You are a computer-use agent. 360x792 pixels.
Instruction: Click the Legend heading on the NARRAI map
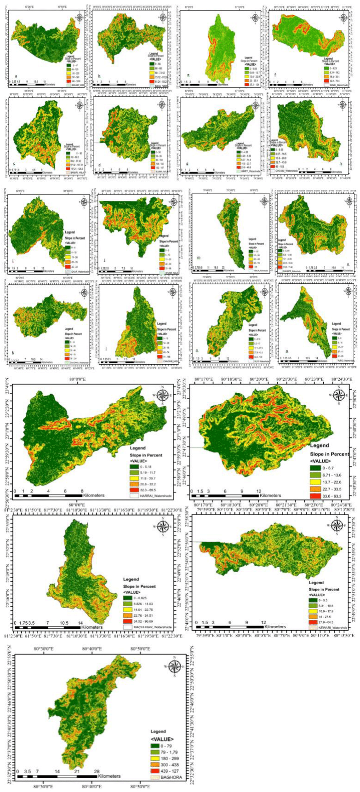[138, 448]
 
